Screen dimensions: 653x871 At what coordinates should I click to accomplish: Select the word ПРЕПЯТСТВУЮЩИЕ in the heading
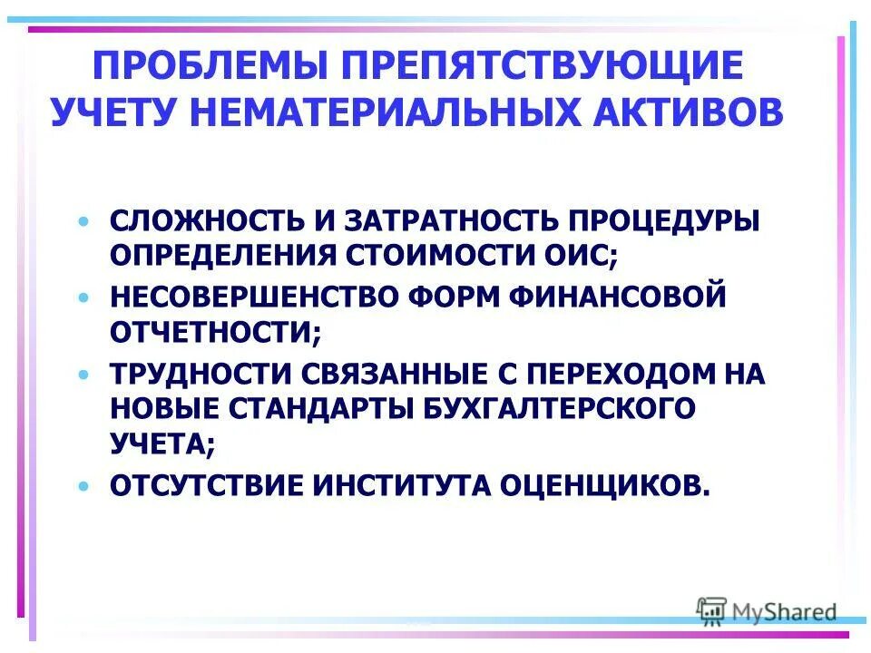tap(542, 68)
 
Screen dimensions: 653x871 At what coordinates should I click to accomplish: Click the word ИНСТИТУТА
tap(404, 484)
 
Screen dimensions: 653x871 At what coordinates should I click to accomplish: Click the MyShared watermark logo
tap(767, 612)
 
